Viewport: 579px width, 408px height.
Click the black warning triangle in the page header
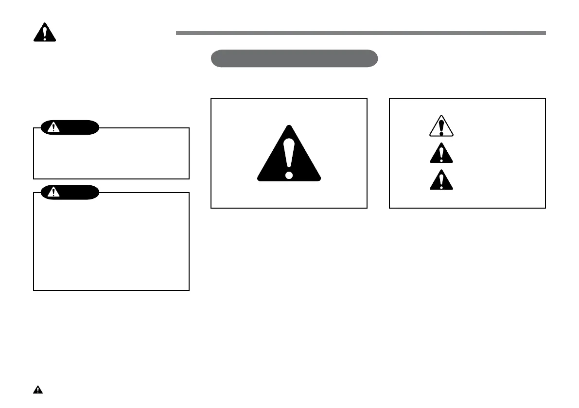[44, 33]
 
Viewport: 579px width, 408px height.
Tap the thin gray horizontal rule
[360, 33]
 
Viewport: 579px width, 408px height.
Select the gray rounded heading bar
[294, 58]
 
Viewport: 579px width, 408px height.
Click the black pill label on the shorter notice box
[70, 127]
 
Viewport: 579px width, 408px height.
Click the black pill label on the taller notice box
[70, 192]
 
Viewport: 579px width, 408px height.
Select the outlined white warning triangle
[441, 126]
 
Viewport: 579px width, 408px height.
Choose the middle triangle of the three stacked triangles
[441, 153]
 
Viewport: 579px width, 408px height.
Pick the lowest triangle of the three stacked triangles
[441, 180]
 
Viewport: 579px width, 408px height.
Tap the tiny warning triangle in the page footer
[37, 390]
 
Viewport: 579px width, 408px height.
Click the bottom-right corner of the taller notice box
[189, 290]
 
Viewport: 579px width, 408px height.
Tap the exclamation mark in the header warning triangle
[44, 33]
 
